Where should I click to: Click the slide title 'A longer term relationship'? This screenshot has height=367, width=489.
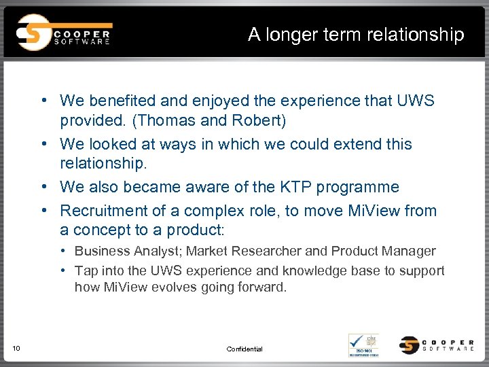coord(356,34)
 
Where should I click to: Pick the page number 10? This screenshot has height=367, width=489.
coord(16,349)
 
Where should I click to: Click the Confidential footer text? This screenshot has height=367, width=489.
coord(244,349)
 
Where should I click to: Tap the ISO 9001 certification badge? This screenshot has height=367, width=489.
coord(363,345)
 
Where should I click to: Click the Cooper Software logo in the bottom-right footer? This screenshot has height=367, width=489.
coord(437,345)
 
